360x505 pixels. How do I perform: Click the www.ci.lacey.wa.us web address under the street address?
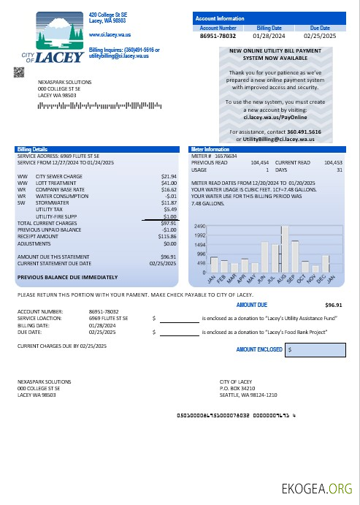(x=110, y=34)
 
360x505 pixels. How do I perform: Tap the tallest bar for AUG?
(x=286, y=249)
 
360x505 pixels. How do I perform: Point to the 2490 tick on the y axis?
(x=200, y=227)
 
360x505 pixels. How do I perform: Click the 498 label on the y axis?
(x=200, y=262)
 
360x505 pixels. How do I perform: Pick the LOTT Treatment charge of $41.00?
(x=169, y=183)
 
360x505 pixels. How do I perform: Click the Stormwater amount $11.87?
(x=169, y=202)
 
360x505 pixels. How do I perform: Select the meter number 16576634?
(x=224, y=156)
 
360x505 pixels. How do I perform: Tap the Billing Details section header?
(x=32, y=148)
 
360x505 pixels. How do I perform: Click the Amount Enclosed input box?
(x=314, y=350)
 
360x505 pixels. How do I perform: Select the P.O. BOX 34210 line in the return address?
(x=242, y=388)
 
